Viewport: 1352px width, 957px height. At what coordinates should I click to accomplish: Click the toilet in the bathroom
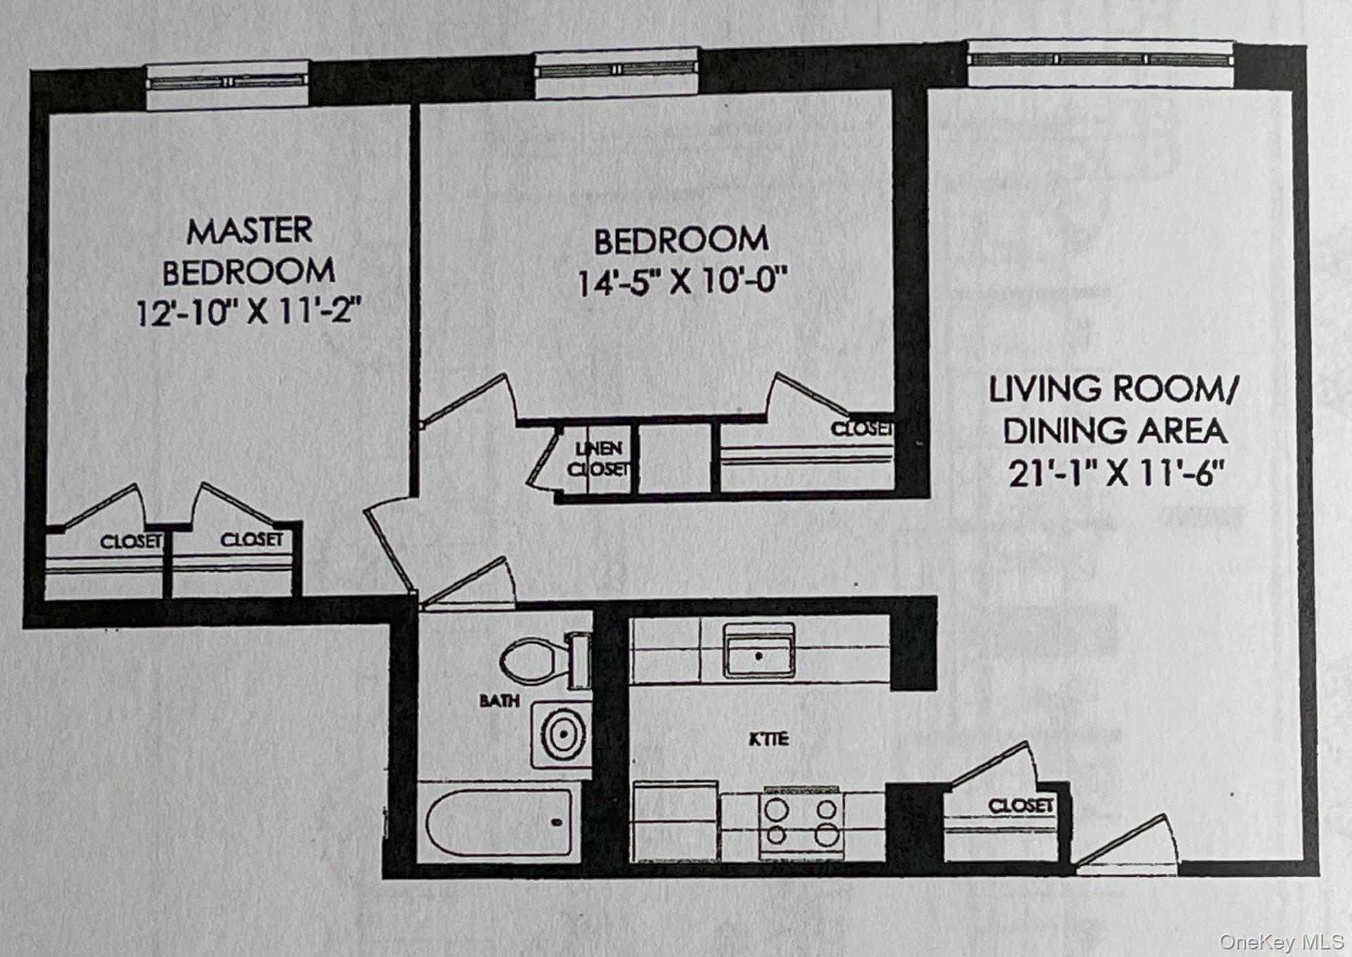pos(537,660)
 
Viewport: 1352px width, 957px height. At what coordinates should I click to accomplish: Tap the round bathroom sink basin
pos(563,735)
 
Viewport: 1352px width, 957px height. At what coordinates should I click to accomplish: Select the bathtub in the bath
pos(498,822)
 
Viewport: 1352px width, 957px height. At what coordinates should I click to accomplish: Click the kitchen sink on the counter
pos(758,652)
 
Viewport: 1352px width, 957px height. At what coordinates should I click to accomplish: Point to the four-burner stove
pos(802,823)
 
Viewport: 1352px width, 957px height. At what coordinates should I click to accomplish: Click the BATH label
pos(499,701)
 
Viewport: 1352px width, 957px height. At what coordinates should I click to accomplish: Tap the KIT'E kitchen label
pos(769,739)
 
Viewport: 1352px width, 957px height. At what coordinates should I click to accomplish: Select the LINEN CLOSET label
pos(598,458)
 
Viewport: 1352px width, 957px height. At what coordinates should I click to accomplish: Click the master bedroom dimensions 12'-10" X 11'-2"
pos(248,313)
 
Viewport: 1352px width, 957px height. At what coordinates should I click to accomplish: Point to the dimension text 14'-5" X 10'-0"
pos(682,281)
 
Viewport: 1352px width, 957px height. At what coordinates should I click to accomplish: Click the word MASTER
pos(250,231)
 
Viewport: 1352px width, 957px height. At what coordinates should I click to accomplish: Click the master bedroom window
pos(228,82)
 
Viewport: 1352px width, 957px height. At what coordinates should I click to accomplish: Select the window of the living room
pos(1100,60)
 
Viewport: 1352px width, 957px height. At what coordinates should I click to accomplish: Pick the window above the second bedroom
pos(616,69)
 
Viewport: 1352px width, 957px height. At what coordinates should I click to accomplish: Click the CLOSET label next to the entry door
pos(1020,806)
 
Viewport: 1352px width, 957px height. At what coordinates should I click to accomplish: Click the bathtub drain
pos(556,822)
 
